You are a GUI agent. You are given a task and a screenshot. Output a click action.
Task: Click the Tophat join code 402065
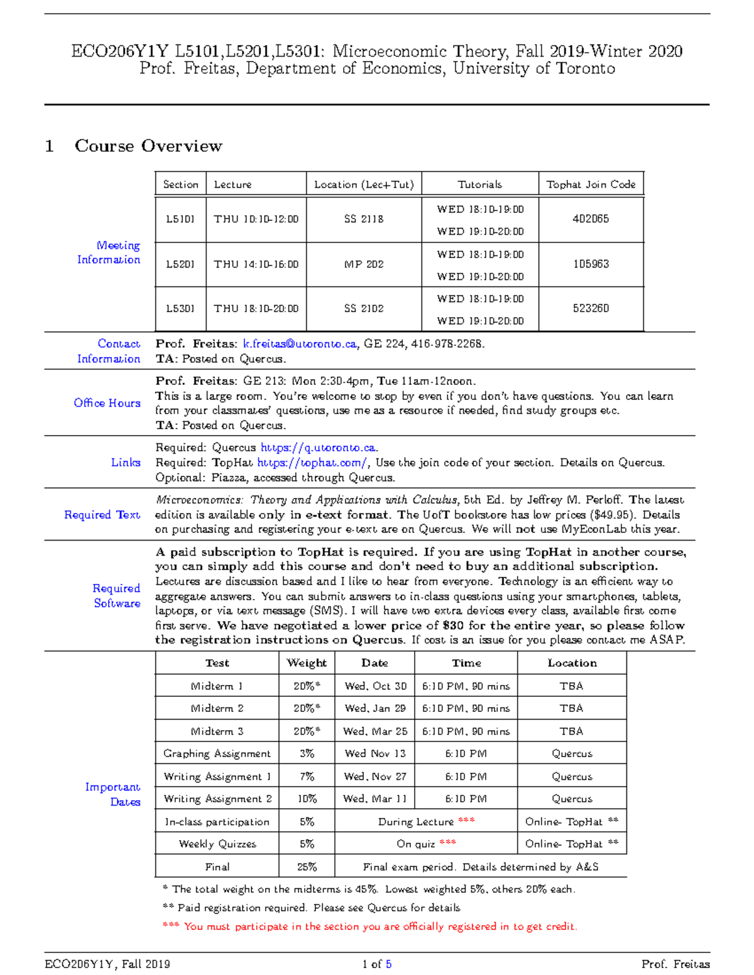(591, 219)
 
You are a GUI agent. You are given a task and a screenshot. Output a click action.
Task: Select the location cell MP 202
(364, 264)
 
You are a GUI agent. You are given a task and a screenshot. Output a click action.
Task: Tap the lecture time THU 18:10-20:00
(256, 309)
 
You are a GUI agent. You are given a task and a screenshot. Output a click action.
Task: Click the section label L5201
(180, 264)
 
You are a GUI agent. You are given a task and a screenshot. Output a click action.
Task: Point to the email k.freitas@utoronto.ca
(300, 344)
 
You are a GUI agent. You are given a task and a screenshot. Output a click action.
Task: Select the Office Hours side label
(107, 403)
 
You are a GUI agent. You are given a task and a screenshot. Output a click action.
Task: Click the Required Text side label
(102, 515)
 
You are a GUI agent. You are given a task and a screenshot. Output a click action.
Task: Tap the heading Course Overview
(148, 146)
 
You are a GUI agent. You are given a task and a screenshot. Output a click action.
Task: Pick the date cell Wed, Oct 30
(375, 686)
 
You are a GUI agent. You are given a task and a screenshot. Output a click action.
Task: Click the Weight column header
(307, 663)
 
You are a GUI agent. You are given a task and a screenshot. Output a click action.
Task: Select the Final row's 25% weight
(307, 867)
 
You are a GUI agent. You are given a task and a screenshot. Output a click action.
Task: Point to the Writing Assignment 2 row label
(217, 799)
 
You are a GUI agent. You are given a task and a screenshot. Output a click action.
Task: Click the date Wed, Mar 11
(375, 799)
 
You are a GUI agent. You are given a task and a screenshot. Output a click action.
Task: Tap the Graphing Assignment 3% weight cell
(307, 754)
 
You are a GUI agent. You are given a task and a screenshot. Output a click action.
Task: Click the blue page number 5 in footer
(389, 964)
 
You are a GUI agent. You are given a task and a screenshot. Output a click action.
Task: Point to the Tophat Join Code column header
(591, 185)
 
